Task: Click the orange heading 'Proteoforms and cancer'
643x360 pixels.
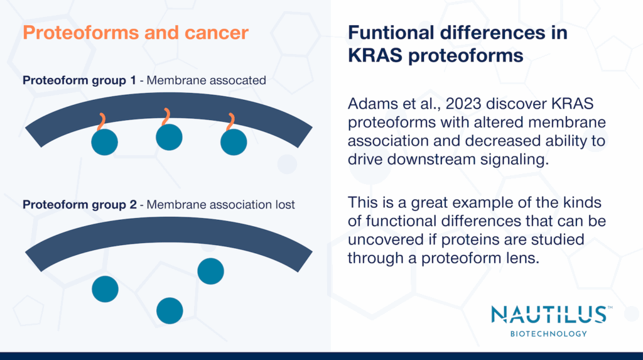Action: pyautogui.click(x=136, y=33)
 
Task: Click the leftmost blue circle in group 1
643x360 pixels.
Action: pyautogui.click(x=105, y=143)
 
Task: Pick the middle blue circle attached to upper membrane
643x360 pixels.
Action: pyautogui.click(x=169, y=137)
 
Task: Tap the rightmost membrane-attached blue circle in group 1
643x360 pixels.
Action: pyautogui.click(x=234, y=143)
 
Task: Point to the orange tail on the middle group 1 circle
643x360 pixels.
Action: pyautogui.click(x=166, y=116)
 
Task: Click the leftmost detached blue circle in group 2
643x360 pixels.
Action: pyautogui.click(x=105, y=289)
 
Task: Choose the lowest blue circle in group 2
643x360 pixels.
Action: pyautogui.click(x=170, y=310)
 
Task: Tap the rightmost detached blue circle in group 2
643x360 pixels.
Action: pyautogui.click(x=210, y=271)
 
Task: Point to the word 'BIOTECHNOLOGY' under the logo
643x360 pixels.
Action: pyautogui.click(x=548, y=334)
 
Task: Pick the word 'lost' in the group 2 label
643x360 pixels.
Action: pyautogui.click(x=283, y=205)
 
